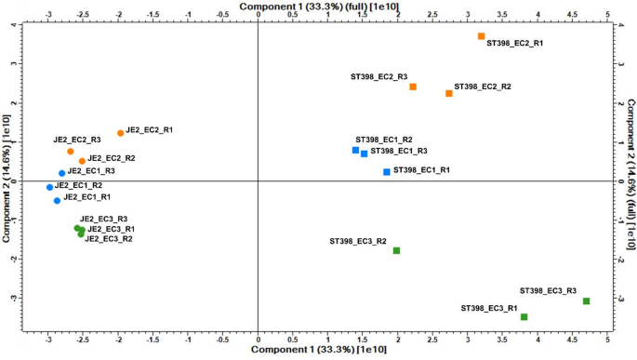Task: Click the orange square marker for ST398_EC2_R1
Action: click(482, 36)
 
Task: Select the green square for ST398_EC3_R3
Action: click(586, 300)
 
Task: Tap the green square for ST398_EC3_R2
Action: click(396, 250)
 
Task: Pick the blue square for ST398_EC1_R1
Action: click(387, 172)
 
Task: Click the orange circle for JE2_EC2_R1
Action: click(120, 133)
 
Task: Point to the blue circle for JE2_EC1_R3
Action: click(62, 173)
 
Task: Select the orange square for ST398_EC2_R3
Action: click(413, 87)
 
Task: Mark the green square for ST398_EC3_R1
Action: click(524, 317)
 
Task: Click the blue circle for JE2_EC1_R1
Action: click(57, 200)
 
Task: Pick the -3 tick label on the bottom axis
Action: click(48, 340)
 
